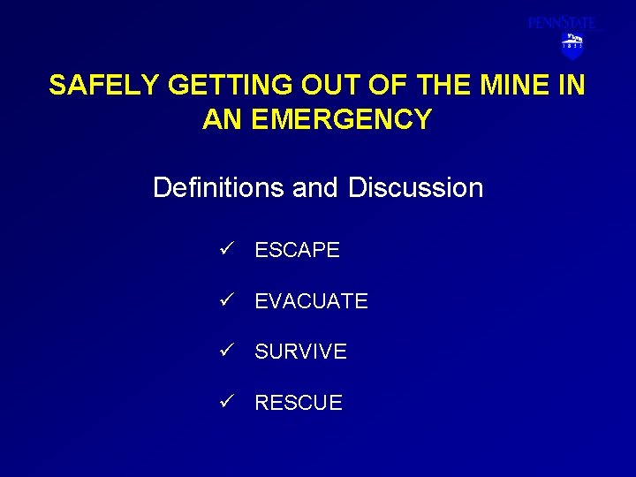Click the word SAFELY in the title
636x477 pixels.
(x=104, y=85)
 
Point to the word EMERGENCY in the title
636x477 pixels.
(x=342, y=119)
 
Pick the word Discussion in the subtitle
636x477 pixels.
(x=415, y=187)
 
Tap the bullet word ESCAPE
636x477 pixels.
(x=297, y=250)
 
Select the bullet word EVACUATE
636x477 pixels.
(x=311, y=301)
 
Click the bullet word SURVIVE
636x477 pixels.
(x=300, y=352)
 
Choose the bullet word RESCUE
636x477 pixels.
(x=298, y=403)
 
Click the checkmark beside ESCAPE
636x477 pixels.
(x=227, y=249)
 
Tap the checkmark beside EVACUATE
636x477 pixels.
(x=227, y=300)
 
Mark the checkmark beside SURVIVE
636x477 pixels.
(x=227, y=351)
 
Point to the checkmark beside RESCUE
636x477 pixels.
(x=227, y=402)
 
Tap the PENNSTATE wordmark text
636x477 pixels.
(x=562, y=23)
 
